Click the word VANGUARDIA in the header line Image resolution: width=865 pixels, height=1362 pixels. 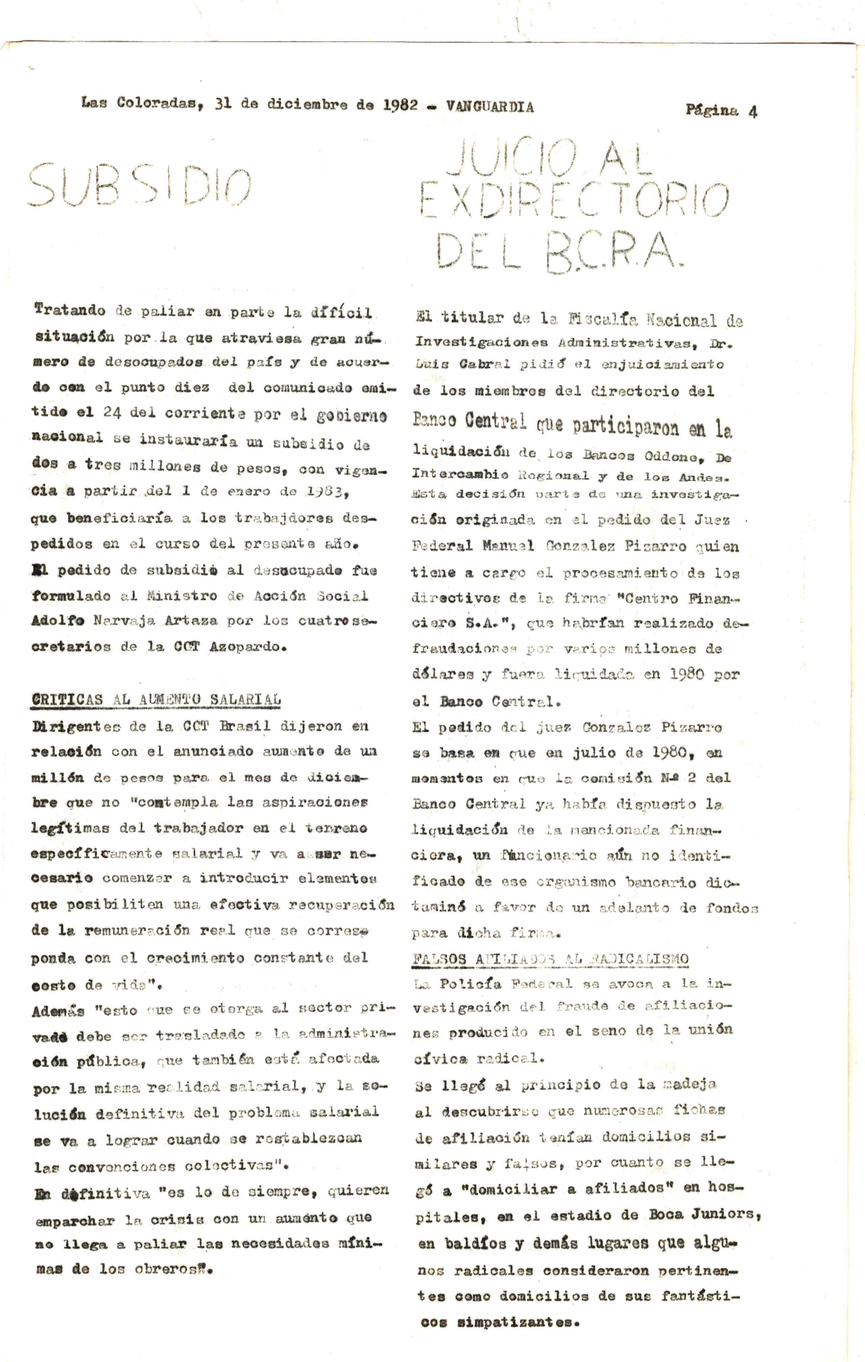coord(489,106)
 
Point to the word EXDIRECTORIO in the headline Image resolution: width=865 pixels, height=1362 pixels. coord(574,200)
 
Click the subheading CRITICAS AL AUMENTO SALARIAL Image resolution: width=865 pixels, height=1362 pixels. coord(156,700)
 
